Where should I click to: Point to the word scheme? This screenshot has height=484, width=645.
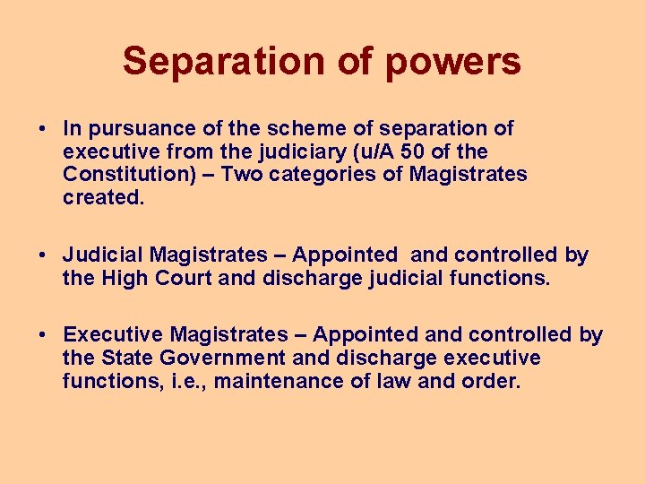click(x=314, y=129)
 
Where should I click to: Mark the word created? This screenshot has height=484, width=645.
click(x=102, y=196)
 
